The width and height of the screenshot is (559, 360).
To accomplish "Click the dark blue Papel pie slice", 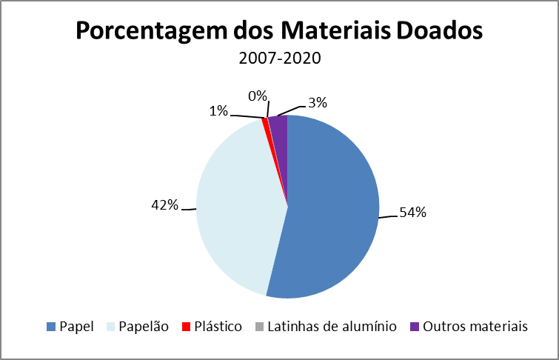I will coord(333,207).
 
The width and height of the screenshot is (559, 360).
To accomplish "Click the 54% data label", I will coord(413,213).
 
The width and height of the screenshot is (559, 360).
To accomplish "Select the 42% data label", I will coord(165,205).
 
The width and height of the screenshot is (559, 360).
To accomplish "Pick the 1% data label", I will coord(218,111).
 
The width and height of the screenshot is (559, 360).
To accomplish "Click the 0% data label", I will coord(257,96).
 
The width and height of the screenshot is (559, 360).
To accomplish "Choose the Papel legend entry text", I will coord(76,326).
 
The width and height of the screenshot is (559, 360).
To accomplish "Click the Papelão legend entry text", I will coord(144,326).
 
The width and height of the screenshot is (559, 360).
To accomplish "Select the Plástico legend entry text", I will coord(218,326).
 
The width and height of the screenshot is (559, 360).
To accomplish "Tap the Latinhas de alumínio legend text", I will coord(332,326).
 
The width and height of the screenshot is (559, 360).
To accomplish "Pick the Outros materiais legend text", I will coord(474,326).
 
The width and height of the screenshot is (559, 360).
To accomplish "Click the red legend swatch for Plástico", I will coord(187,327).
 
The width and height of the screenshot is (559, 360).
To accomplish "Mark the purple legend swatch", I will coord(414,327).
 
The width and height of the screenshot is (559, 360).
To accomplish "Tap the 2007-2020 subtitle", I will coord(279,59).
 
